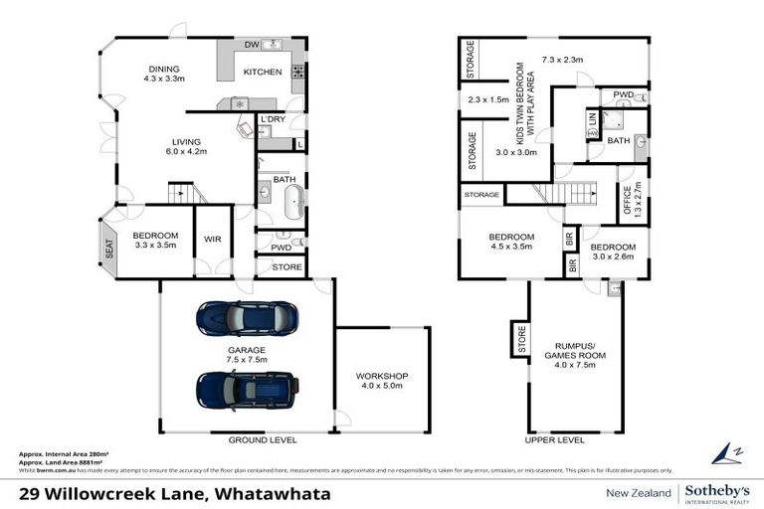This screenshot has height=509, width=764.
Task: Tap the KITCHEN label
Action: tap(264, 73)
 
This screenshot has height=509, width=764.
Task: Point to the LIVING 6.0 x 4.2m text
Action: tap(184, 147)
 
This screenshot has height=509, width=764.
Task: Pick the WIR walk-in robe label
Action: tap(211, 240)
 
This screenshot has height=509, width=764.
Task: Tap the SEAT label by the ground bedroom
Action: tap(109, 243)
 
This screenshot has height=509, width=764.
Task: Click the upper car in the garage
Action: tap(242, 318)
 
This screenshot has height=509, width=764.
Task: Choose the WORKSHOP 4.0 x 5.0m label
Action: tap(382, 381)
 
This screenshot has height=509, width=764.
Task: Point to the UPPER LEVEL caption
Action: tap(554, 438)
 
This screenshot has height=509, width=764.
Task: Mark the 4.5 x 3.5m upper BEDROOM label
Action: tap(510, 242)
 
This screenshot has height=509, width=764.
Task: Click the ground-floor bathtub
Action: tap(291, 201)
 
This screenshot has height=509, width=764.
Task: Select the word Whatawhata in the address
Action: tap(274, 493)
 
